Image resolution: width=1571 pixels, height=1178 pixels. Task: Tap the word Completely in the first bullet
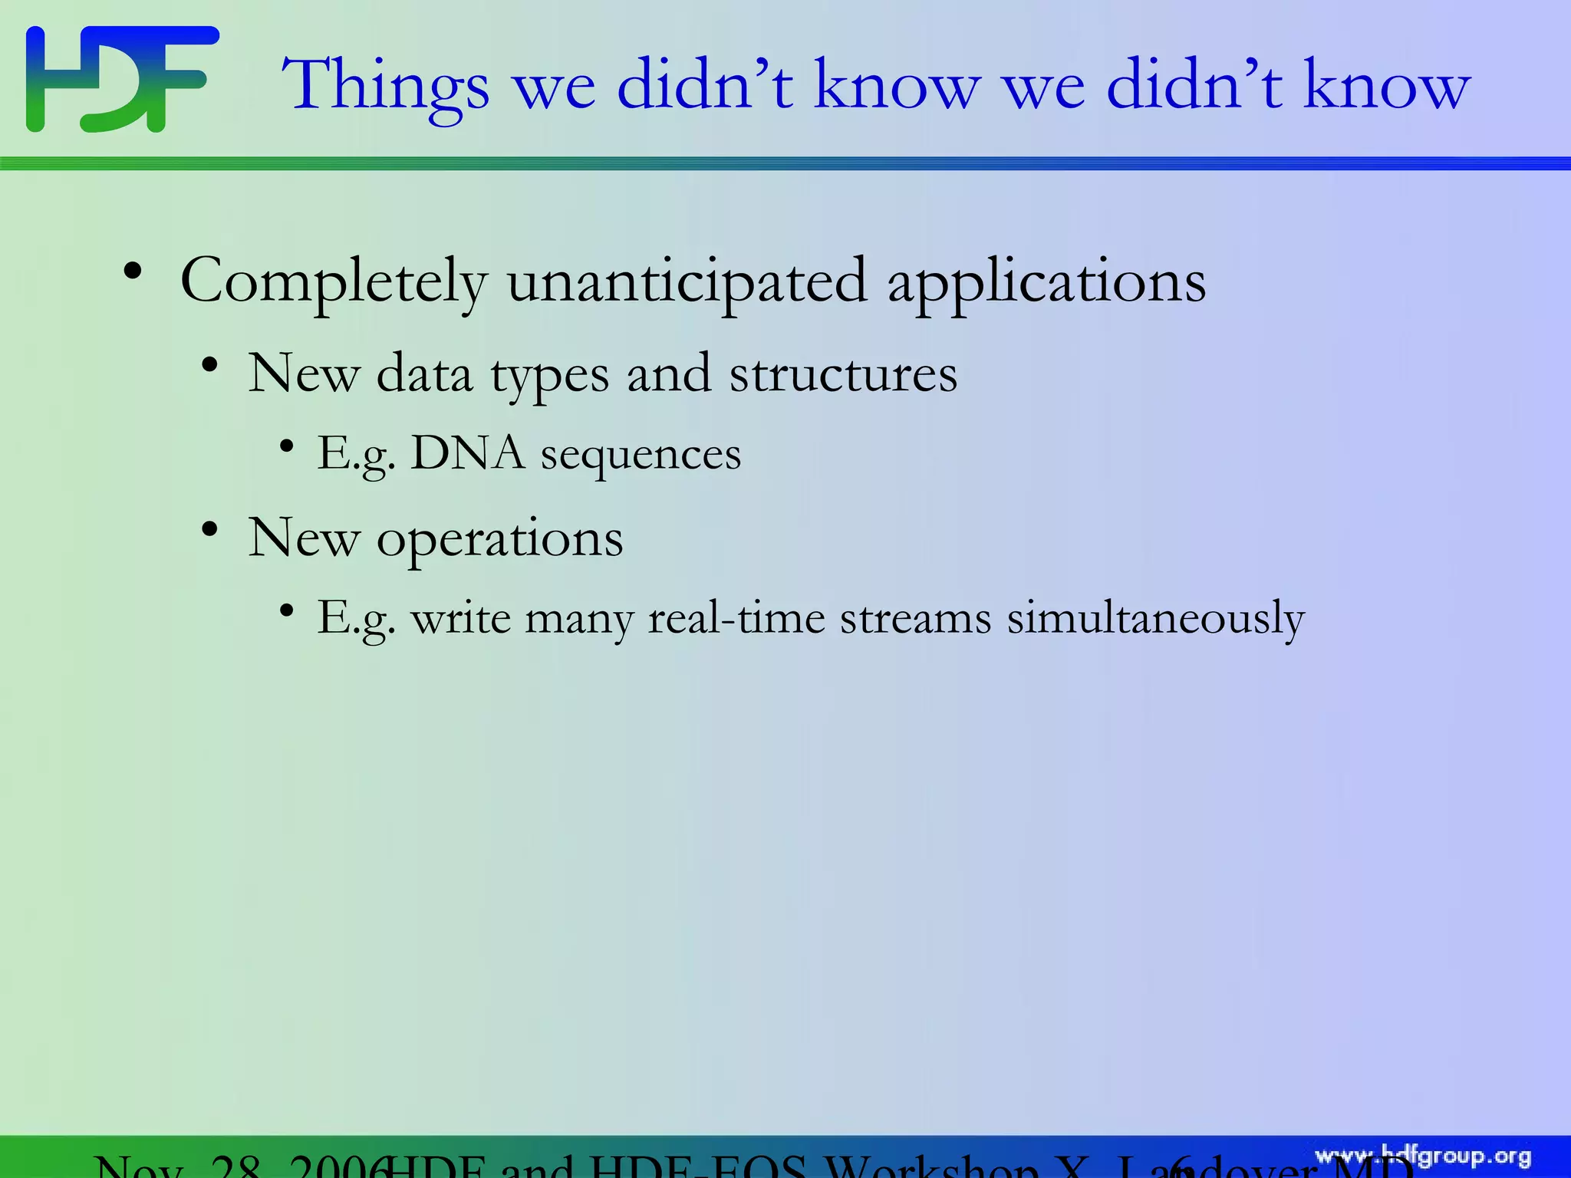pyautogui.click(x=334, y=282)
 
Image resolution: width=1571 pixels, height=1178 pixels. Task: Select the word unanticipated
pyautogui.click(x=687, y=282)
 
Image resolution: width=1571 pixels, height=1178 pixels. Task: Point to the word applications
pyautogui.click(x=1046, y=282)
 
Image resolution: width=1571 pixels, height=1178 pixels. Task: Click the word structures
pyautogui.click(x=843, y=374)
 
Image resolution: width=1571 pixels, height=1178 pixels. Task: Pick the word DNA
pyautogui.click(x=468, y=452)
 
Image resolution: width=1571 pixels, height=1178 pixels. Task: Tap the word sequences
pyautogui.click(x=641, y=456)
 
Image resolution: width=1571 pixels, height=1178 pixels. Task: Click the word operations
pyautogui.click(x=499, y=538)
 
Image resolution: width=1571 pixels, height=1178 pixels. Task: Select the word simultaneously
pyautogui.click(x=1155, y=618)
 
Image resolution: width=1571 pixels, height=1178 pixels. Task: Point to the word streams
pyautogui.click(x=915, y=618)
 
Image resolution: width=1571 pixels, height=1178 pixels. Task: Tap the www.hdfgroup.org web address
pyautogui.click(x=1423, y=1157)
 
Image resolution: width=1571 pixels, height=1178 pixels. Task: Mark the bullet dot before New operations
pyautogui.click(x=209, y=529)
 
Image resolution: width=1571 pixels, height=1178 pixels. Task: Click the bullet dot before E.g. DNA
pyautogui.click(x=287, y=446)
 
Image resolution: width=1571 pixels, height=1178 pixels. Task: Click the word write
pyautogui.click(x=461, y=618)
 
